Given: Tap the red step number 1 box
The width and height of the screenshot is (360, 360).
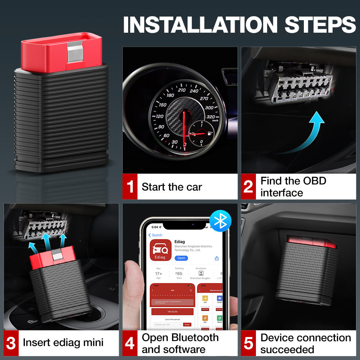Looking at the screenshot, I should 130,187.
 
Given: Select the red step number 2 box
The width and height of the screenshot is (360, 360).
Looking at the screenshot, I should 248,187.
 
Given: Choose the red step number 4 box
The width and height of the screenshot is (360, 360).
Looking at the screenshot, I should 130,343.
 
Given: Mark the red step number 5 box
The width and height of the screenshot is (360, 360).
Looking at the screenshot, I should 248,343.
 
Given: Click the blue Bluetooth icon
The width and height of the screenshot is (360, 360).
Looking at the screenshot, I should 220,221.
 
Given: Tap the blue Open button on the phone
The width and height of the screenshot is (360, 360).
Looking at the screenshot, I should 181,258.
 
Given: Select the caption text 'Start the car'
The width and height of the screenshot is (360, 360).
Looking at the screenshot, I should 172,187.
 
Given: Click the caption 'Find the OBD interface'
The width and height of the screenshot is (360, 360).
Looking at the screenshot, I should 293,187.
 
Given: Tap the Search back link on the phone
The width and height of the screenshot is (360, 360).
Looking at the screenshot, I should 156,235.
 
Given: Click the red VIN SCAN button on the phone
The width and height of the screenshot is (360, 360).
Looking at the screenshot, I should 172,312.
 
